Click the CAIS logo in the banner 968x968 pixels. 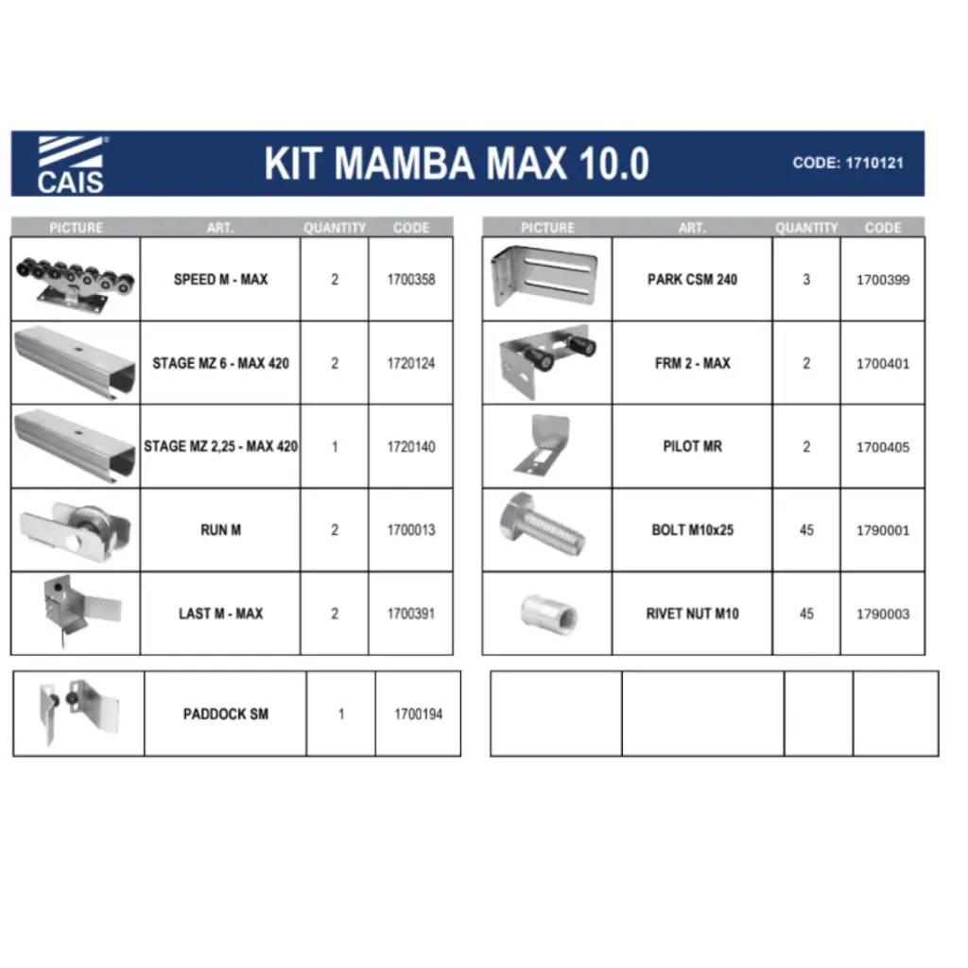[70, 164]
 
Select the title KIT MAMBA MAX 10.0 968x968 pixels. [457, 164]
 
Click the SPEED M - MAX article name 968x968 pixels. [220, 280]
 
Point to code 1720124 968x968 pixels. [411, 364]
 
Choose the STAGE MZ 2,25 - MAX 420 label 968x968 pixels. [220, 446]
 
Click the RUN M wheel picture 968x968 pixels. [76, 530]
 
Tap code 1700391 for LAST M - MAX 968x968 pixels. [411, 614]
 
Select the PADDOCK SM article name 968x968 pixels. [225, 715]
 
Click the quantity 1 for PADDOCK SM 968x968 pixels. [340, 715]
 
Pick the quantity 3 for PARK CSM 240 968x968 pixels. [806, 280]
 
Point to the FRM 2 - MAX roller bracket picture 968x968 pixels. [547, 362]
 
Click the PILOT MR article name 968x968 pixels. [692, 446]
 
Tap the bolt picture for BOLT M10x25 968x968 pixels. [542, 525]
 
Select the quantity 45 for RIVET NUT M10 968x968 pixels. [806, 614]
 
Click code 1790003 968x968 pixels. [883, 614]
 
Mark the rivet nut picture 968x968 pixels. [549, 614]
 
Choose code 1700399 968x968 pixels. [883, 280]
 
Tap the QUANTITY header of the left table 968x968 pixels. [335, 228]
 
